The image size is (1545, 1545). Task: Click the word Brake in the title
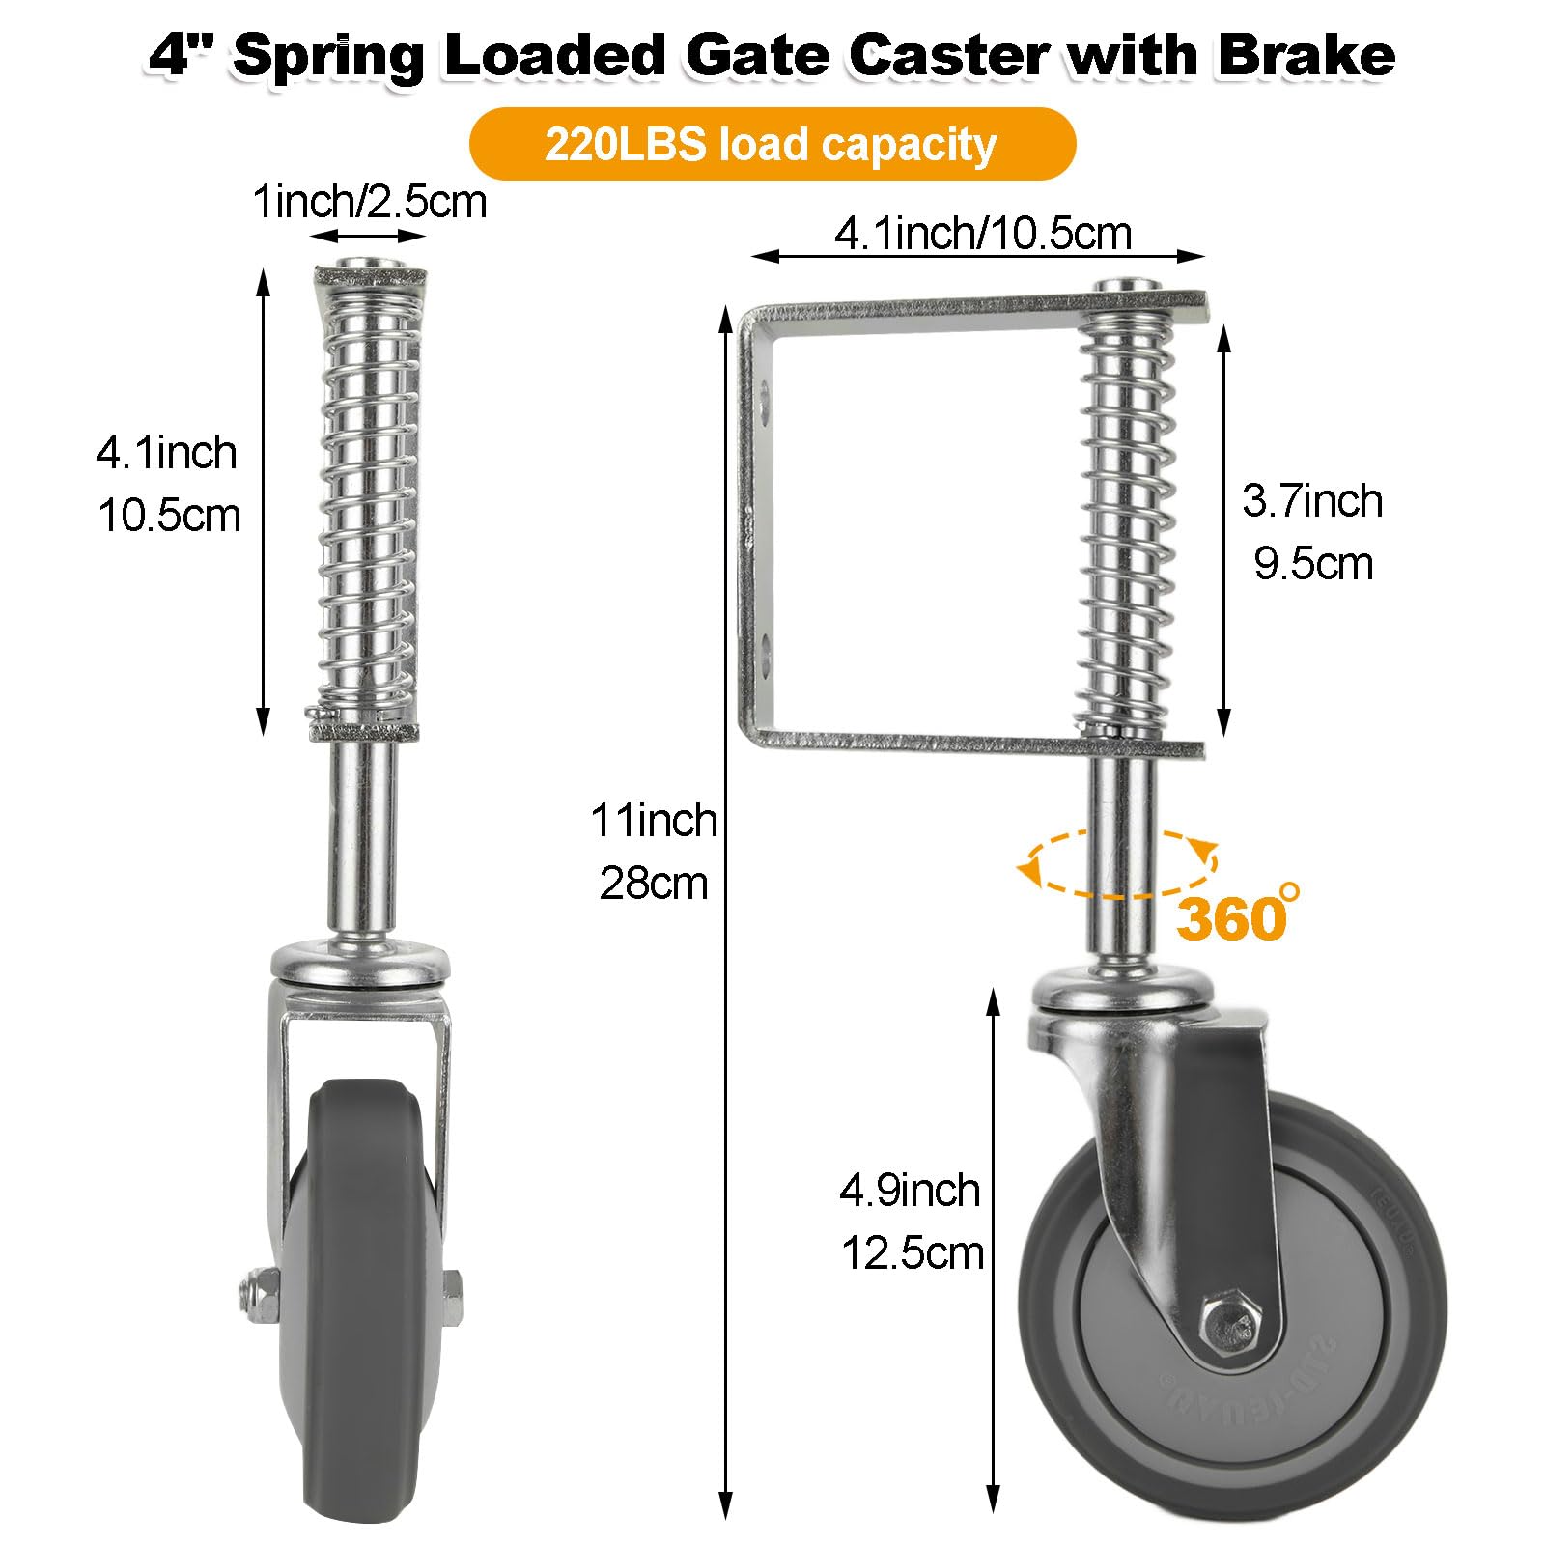coord(1306,55)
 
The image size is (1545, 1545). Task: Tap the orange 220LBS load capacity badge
coord(772,145)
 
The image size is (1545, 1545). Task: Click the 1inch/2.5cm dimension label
coord(370,203)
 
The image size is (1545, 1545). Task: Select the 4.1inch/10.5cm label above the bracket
coord(983,234)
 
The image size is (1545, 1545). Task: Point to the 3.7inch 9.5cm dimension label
coord(1312,532)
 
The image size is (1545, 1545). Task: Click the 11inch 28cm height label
coord(655,852)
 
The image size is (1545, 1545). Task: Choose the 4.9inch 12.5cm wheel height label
coord(912,1222)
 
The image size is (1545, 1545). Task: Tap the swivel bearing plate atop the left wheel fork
coord(360,963)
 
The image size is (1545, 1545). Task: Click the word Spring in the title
coord(328,55)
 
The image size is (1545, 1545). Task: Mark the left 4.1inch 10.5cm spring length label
coord(168,484)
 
